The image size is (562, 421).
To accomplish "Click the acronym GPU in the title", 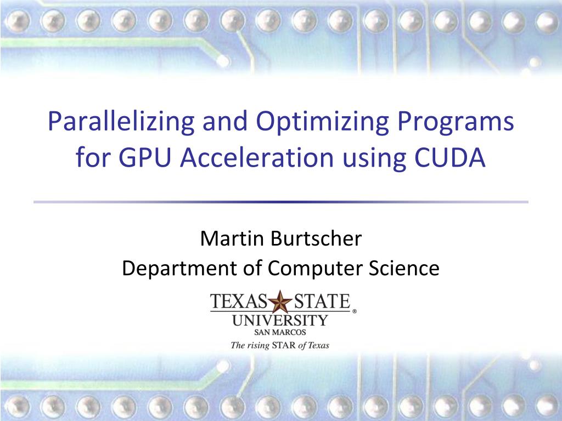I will (x=147, y=158).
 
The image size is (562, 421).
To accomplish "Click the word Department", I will (x=175, y=269).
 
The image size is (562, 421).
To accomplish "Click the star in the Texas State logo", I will (x=281, y=301).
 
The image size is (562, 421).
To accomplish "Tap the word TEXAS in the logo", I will (x=239, y=301).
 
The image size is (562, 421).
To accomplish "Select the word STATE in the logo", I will (x=322, y=301).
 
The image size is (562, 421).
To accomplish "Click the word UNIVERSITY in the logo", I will (x=280, y=320).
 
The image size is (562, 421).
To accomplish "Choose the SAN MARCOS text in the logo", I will (x=280, y=332).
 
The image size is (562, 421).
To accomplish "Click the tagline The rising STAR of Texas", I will (x=280, y=345).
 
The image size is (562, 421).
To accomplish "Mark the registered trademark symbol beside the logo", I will (x=354, y=311).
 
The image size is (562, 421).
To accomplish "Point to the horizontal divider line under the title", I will (x=281, y=202).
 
